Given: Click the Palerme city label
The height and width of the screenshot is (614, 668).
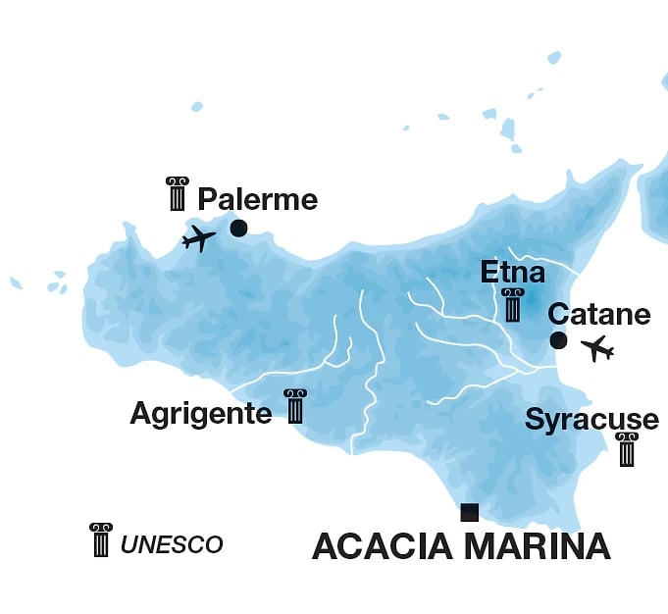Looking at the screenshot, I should (257, 200).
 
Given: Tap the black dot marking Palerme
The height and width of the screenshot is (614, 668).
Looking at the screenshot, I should (238, 229).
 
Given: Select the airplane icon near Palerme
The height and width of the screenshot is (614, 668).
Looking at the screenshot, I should (199, 238).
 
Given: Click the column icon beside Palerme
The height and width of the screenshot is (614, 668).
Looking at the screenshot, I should (178, 194).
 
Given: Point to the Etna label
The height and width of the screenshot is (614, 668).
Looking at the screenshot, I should (512, 272).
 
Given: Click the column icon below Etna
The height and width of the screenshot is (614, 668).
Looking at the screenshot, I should (512, 305).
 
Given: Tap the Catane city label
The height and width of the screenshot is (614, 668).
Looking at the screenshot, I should (598, 315).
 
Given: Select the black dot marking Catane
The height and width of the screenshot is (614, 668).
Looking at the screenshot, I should (558, 340).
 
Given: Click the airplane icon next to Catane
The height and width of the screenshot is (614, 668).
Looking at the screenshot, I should (596, 348).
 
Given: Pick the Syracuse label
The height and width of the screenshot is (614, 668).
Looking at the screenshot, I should (591, 421).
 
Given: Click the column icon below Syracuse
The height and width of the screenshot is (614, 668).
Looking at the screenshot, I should (627, 450).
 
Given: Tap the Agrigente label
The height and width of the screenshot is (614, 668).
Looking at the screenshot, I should (200, 414).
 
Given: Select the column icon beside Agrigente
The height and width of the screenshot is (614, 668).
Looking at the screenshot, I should (295, 406).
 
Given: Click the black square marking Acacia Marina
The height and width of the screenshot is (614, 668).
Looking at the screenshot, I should (470, 512).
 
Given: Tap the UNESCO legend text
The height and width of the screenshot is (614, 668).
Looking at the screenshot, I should (172, 544).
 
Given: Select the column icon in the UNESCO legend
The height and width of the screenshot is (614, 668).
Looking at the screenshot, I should (101, 540).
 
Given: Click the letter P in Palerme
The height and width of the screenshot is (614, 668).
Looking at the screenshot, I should (206, 200).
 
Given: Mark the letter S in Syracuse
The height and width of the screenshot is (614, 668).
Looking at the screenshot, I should (535, 421).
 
